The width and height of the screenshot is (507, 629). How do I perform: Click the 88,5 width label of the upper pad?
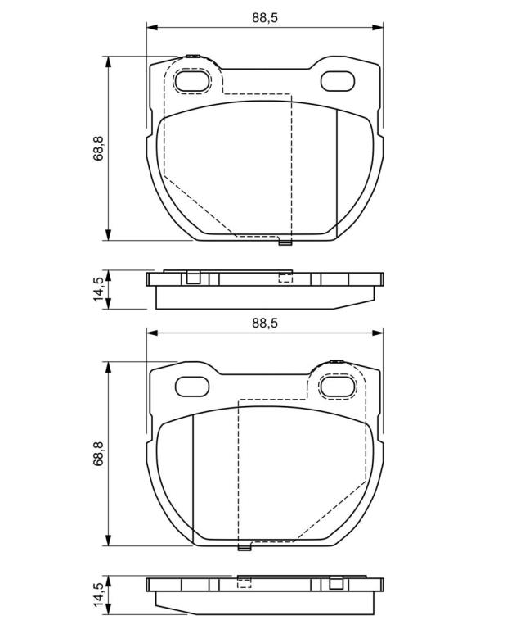(x=265, y=18)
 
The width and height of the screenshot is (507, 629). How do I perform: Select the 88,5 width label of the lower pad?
(x=265, y=323)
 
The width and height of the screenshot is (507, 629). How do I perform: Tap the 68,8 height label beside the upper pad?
(x=98, y=148)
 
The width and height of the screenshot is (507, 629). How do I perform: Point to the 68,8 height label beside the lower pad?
(x=98, y=454)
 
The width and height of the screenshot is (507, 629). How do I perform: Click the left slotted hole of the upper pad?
(x=193, y=81)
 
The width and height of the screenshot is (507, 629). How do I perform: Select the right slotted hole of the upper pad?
(x=338, y=81)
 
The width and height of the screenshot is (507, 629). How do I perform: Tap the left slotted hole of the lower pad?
(x=193, y=387)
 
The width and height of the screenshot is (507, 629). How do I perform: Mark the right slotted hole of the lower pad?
(x=338, y=387)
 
